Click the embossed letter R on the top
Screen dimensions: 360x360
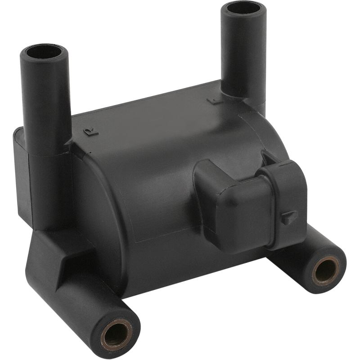pos(88,131)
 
